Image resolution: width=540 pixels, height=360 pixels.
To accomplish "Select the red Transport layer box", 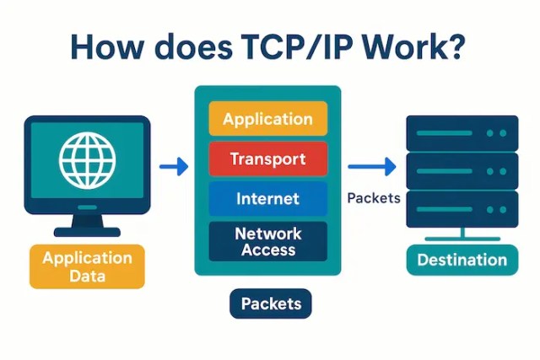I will [267, 159].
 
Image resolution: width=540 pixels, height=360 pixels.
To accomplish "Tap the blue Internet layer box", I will [267, 199].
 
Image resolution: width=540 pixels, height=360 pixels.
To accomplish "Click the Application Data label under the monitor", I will [87, 266].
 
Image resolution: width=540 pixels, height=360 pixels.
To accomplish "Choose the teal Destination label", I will [462, 260].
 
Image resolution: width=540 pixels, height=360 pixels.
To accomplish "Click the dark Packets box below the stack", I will [270, 304].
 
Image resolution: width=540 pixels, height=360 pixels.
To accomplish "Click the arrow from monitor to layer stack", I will [173, 167].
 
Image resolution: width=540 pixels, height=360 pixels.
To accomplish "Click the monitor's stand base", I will [87, 231].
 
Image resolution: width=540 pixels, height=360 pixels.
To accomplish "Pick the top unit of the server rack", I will [462, 132].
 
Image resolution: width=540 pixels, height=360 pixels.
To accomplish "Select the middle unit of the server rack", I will [462, 171].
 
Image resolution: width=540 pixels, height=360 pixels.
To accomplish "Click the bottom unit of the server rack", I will [462, 210].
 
